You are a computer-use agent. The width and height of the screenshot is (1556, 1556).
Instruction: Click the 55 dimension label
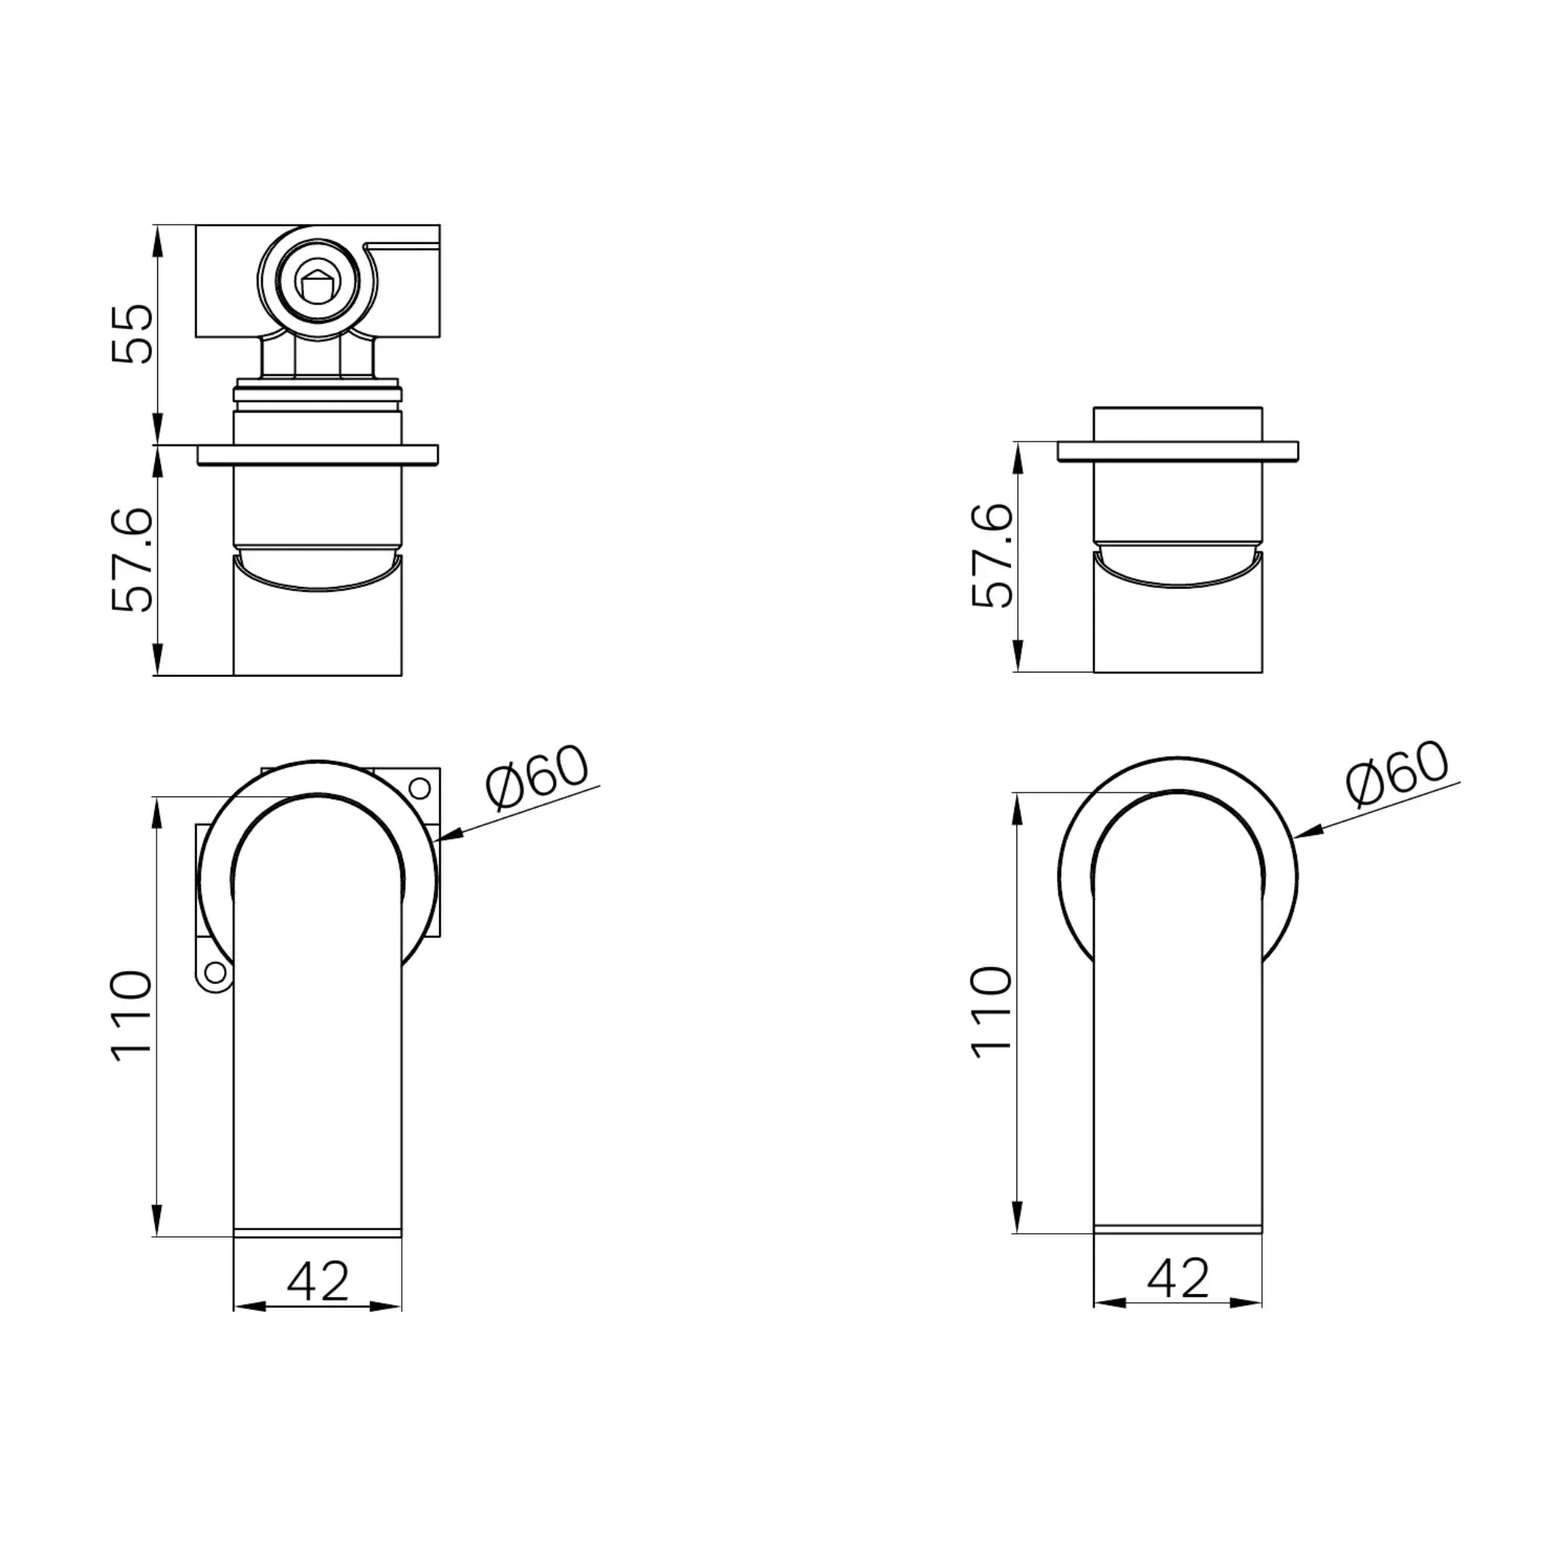(x=131, y=334)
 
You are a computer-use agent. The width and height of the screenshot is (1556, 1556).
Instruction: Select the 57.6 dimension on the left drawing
(x=131, y=560)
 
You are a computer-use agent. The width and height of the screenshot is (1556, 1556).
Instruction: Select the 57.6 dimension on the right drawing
(x=992, y=555)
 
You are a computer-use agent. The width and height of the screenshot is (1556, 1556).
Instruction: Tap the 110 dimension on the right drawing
(x=992, y=1012)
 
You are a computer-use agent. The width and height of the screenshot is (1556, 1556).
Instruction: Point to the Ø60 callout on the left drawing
(x=537, y=778)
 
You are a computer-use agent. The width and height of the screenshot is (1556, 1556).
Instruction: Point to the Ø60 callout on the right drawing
(x=1397, y=773)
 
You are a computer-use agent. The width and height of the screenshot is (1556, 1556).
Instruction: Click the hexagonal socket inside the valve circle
(x=318, y=283)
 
